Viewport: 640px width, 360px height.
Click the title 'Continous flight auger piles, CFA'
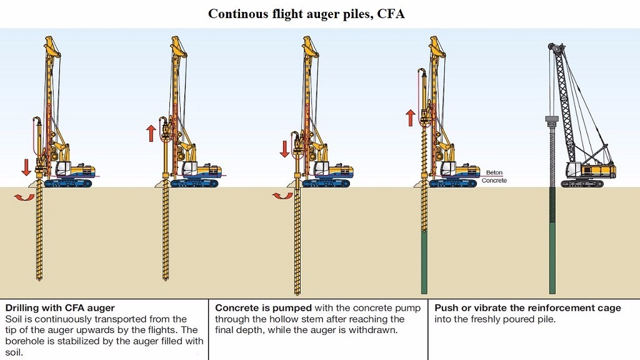306,14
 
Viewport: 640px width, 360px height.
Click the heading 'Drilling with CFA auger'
60,308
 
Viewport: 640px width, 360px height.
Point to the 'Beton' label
494,172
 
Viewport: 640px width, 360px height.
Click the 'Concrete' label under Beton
494,181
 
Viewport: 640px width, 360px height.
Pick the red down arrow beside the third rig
284,149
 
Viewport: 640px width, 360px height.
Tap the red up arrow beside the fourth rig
410,117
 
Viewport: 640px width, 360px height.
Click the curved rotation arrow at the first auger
26,197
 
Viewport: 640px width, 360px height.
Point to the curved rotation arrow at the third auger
282,196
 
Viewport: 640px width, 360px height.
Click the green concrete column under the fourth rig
424,262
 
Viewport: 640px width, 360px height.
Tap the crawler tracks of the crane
582,184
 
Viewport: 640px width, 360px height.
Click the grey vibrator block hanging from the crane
551,119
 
